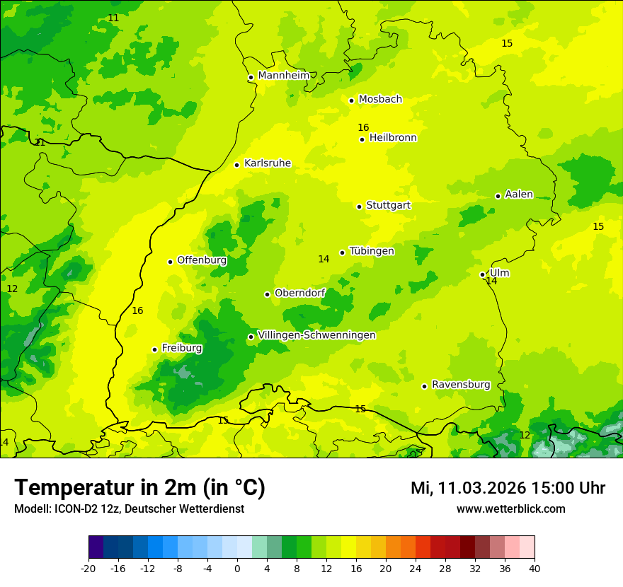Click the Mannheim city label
tap(283, 76)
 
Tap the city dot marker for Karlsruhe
tap(237, 165)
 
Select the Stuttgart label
tap(388, 205)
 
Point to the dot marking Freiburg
tap(154, 349)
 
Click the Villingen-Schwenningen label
tap(316, 335)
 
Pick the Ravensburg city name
tap(461, 385)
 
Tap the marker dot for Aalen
tap(498, 196)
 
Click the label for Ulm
tap(499, 273)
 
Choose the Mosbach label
tap(380, 100)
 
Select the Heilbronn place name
tap(393, 138)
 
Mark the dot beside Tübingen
tap(342, 252)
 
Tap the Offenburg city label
tap(202, 260)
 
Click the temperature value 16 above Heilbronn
tap(363, 127)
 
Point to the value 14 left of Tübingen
tap(324, 259)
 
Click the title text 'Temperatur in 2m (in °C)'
tap(139, 487)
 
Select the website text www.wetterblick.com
tap(510, 508)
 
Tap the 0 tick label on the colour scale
tap(237, 569)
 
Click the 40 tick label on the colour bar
tap(534, 569)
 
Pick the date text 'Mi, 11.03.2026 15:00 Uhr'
tap(508, 488)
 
